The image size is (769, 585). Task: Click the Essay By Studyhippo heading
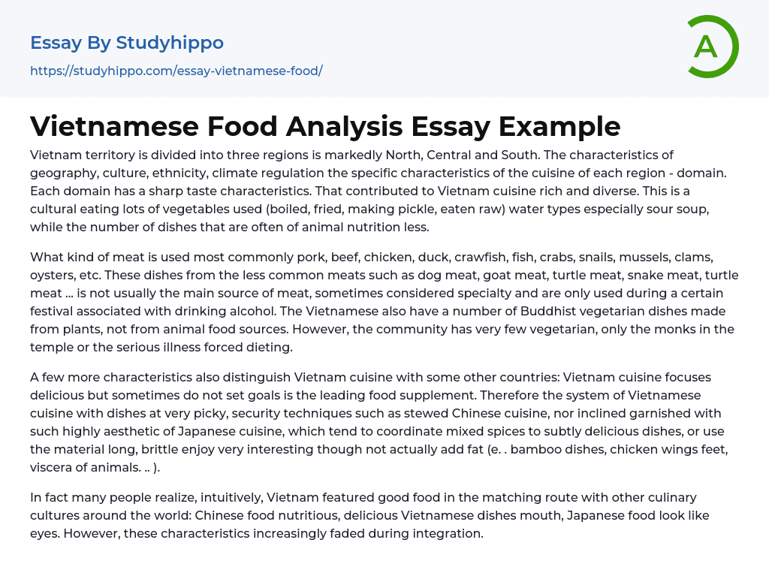coord(127,43)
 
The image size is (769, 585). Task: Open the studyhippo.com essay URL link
coord(176,71)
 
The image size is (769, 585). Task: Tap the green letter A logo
coord(706,47)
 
